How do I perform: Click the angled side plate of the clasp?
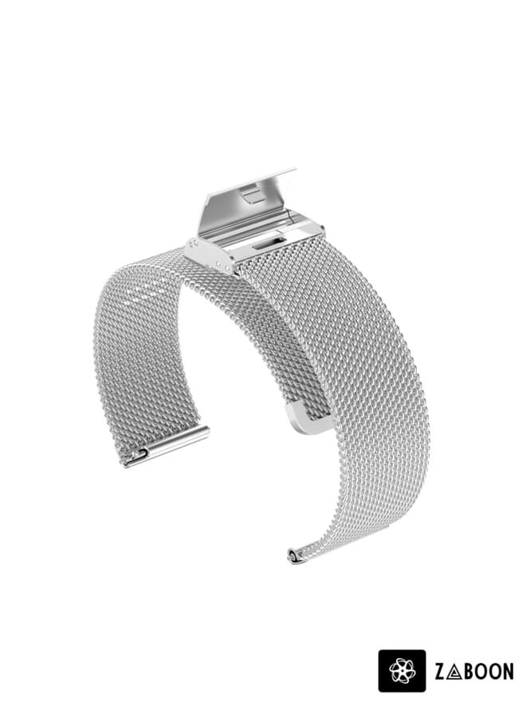(x=209, y=254)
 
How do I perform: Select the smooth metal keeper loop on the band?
(x=307, y=420)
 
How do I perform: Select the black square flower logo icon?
(x=402, y=671)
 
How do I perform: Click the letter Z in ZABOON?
(x=440, y=672)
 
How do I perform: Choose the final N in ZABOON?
(x=507, y=672)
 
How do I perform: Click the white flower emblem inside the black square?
(x=402, y=671)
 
